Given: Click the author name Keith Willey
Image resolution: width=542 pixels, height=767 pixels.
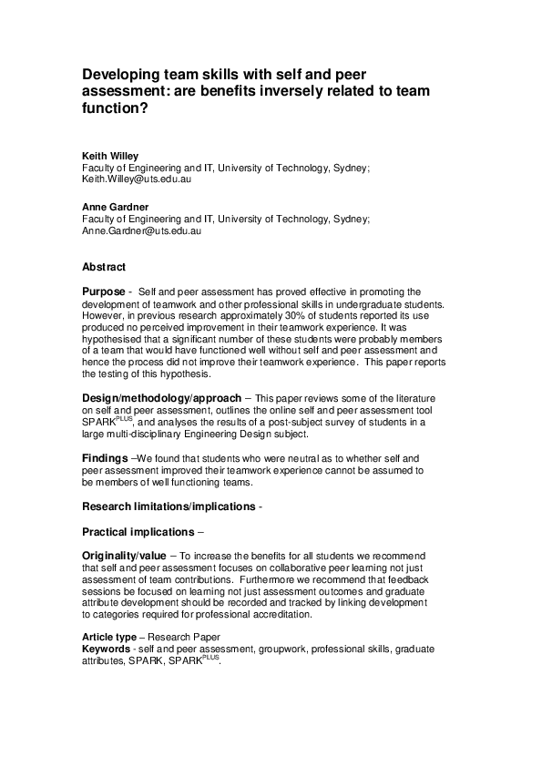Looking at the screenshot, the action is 110,156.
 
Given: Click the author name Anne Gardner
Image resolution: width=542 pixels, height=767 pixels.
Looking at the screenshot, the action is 115,207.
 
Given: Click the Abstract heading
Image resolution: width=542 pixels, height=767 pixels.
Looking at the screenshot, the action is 104,267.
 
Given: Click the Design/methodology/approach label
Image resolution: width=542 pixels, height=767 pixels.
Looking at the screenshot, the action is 162,398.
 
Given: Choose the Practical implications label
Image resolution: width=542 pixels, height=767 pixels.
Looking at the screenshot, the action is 138,531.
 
